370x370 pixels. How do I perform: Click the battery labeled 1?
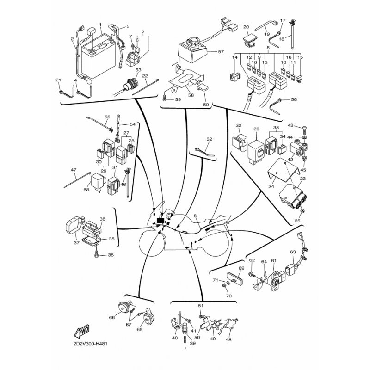click(99, 56)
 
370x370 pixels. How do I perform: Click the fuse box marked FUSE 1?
click(256, 85)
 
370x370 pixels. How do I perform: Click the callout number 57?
click(221, 51)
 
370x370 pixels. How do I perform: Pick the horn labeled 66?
click(123, 308)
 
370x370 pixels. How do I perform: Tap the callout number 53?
click(138, 70)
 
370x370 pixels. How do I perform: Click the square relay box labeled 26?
click(256, 151)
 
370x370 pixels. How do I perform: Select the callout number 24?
click(271, 186)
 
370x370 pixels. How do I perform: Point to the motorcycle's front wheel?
click(152, 244)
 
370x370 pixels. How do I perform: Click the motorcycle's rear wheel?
click(216, 243)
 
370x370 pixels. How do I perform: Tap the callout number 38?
click(111, 255)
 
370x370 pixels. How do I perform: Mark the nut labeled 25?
click(302, 210)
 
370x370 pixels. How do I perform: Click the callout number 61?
click(274, 260)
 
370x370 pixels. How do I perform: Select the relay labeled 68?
click(97, 181)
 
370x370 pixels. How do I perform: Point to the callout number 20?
click(246, 27)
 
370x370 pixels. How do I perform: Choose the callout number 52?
click(209, 139)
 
